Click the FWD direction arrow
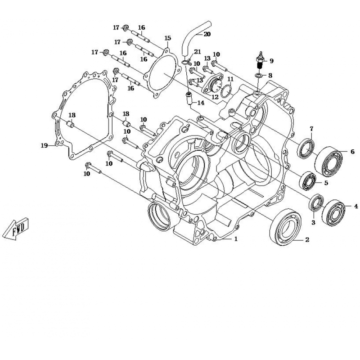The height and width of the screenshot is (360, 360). [16, 229]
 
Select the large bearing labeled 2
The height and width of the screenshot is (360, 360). [285, 227]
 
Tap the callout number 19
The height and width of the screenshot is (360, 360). [44, 145]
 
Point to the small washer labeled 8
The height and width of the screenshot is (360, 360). [258, 76]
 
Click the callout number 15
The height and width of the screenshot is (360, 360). [168, 38]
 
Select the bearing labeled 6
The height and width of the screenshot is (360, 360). [328, 161]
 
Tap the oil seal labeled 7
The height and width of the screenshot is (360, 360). [306, 148]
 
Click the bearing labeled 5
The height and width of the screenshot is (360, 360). [308, 181]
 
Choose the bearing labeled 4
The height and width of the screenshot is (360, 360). [334, 213]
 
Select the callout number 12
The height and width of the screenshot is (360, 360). [215, 97]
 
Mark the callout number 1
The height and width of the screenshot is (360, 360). [235, 239]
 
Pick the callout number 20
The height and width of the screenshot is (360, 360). [207, 34]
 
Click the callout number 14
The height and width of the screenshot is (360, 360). [201, 103]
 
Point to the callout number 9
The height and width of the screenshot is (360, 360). [272, 61]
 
